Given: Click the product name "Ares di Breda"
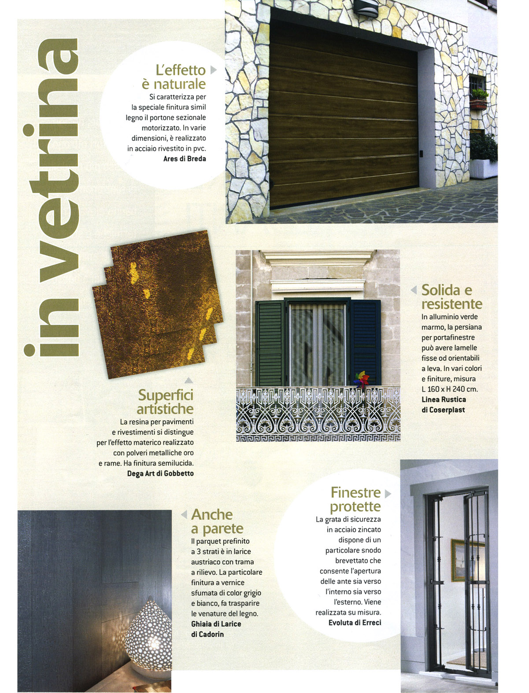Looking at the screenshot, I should [x=185, y=159].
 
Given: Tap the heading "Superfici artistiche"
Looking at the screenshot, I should [x=166, y=402].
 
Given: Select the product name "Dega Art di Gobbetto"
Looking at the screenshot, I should [x=160, y=473].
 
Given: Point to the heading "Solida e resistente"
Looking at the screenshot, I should [x=451, y=297].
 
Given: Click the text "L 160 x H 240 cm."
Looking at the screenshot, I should [x=449, y=389].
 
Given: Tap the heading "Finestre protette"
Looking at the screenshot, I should [x=355, y=499].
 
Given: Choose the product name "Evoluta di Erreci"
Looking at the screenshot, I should [x=355, y=623].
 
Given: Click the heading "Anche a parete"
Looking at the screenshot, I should [x=217, y=521].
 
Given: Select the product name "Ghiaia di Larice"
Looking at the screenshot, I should [x=216, y=624].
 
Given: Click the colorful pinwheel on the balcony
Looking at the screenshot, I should [x=361, y=379].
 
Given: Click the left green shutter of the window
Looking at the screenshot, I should [x=270, y=343].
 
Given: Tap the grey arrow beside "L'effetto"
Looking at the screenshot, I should [x=214, y=70].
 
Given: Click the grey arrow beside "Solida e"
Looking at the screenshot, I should [x=414, y=290].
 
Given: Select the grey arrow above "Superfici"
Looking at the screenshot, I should [x=189, y=380].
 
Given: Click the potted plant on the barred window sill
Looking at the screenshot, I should [x=479, y=98].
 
